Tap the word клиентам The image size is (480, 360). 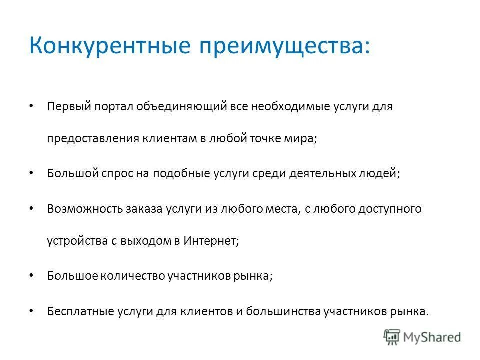coord(169,139)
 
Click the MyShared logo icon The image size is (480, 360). coord(392,337)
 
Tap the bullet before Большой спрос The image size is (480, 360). coord(31,172)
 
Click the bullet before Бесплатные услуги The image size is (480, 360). coord(31,310)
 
